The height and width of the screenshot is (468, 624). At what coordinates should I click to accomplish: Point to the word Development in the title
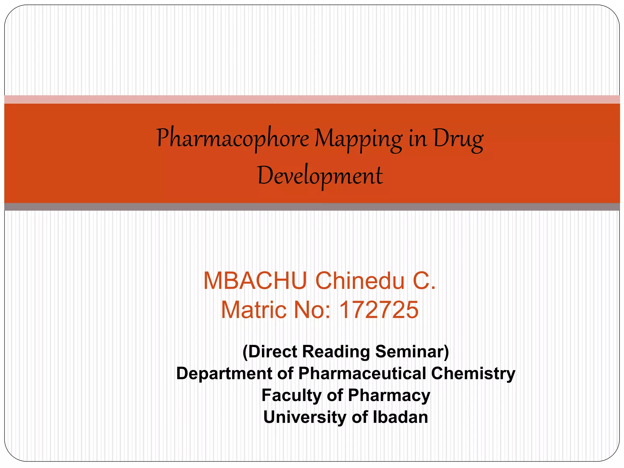[320, 176]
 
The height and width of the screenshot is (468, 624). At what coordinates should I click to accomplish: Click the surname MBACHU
[255, 281]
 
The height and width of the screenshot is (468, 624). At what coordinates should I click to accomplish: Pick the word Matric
[254, 310]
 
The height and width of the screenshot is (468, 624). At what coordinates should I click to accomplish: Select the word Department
[224, 374]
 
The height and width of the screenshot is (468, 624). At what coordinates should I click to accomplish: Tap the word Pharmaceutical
[362, 374]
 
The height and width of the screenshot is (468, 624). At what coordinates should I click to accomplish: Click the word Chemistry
[473, 374]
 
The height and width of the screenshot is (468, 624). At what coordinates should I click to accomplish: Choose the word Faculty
[291, 395]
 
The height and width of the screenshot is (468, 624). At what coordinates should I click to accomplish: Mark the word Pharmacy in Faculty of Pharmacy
[389, 395]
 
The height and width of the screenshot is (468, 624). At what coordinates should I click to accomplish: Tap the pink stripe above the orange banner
[312, 99]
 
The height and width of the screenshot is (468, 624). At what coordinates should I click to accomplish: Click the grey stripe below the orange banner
[312, 207]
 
